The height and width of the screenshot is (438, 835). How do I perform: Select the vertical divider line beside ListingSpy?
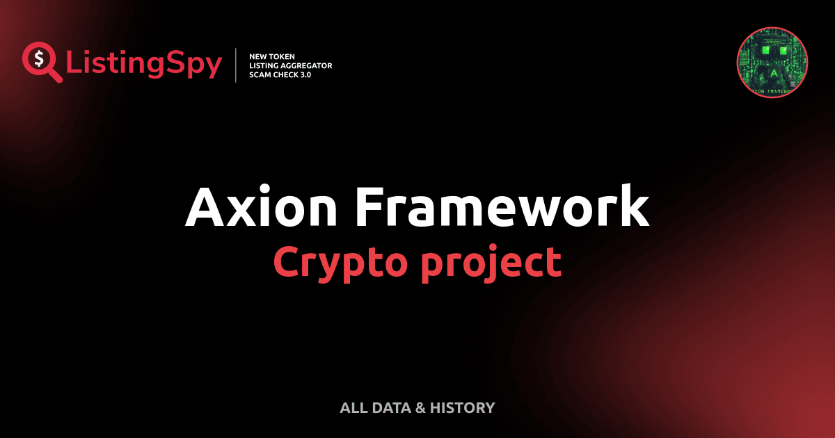point(237,65)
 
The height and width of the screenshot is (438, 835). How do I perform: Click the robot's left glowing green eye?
point(764,51)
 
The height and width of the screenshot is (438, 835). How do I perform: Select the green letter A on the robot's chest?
point(772,74)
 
